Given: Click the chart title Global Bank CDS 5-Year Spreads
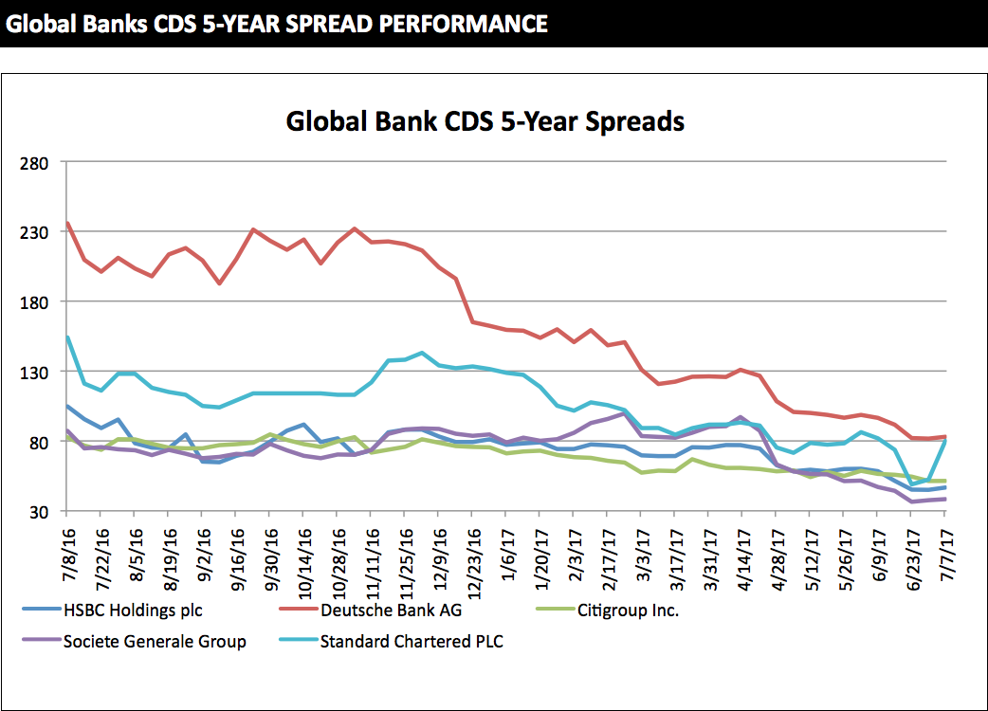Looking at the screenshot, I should [485, 122].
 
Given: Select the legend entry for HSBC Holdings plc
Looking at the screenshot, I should [132, 610].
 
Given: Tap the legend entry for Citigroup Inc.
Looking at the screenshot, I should [628, 610].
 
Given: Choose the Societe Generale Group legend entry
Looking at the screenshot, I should [155, 642].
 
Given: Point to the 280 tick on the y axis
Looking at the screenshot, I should [34, 162].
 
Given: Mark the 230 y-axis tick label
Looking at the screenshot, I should [34, 232].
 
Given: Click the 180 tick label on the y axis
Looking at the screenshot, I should [34, 301].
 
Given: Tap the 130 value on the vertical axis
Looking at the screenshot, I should [34, 372].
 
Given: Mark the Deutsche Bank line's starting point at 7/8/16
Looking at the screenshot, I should [67, 224].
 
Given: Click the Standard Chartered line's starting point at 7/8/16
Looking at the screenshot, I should [67, 337].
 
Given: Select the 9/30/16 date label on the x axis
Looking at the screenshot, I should [269, 548].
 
